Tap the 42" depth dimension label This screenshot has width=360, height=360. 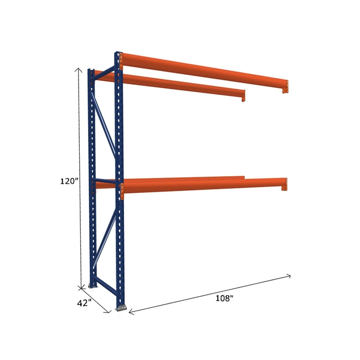pos(84,304)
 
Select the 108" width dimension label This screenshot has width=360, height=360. pos(224,299)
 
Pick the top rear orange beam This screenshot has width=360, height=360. pos(177,85)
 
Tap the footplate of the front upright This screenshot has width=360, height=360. pos(120,307)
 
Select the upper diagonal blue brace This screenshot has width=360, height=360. pos(105,124)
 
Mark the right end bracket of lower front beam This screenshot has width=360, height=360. pos(284,184)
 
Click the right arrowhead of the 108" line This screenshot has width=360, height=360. pos(290,275)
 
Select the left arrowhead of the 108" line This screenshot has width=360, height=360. pos(130,313)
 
